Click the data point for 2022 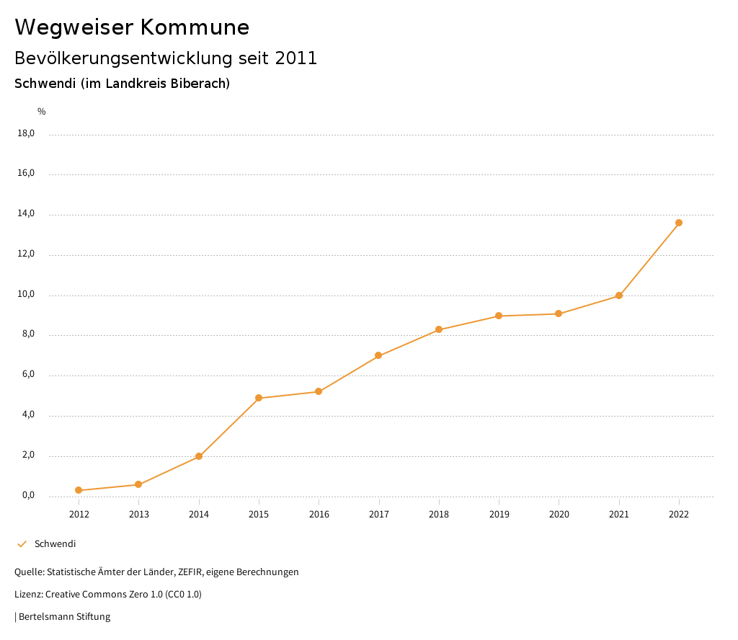(x=679, y=223)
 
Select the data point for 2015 (x=259, y=398)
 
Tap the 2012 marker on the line (x=79, y=490)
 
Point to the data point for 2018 (x=439, y=329)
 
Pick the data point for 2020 (x=559, y=314)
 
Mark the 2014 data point (x=199, y=456)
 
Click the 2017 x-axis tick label (x=379, y=514)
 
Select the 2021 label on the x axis (x=619, y=514)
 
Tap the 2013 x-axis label (x=139, y=514)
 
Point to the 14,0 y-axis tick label (x=26, y=214)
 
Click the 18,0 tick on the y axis (x=26, y=133)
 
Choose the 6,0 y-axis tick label (x=27, y=375)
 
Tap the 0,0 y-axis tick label (x=27, y=496)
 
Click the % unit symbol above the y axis (x=42, y=111)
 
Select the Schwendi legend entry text (x=55, y=544)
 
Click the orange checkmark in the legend (x=22, y=544)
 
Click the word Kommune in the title (x=195, y=27)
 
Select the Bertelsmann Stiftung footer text (x=64, y=617)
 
